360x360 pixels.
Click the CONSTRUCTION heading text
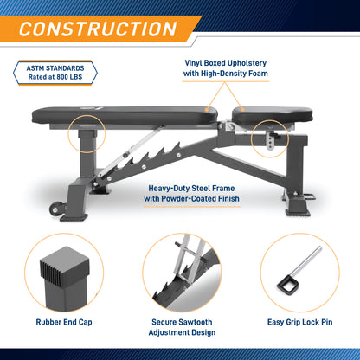[99, 28]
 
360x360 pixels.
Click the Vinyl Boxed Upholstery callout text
[225, 68]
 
